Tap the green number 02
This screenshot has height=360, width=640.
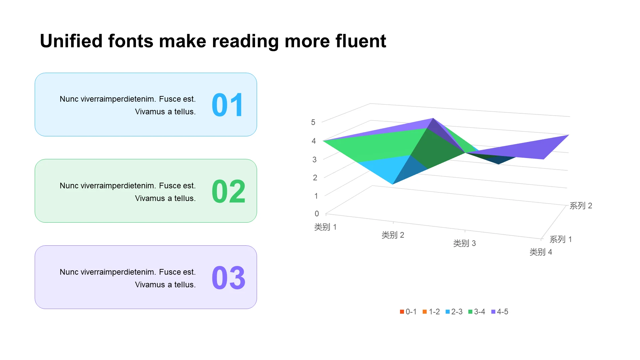(x=229, y=191)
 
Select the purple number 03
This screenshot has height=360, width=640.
(x=229, y=278)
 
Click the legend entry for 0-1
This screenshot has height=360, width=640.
(x=408, y=312)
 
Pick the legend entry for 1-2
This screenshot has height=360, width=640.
(x=431, y=312)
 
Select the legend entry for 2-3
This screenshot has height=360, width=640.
(x=454, y=312)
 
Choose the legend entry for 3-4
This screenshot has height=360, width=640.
(x=477, y=312)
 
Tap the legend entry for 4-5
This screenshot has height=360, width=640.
(x=500, y=312)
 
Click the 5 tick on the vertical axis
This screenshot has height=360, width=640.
(x=313, y=122)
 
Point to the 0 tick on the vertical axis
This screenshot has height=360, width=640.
(x=317, y=214)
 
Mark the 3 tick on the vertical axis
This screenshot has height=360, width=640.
(x=314, y=160)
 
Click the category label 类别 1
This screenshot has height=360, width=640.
(x=325, y=227)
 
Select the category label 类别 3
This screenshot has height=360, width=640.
(x=464, y=243)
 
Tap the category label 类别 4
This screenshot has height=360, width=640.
(x=541, y=252)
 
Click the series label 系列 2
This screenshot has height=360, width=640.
(x=581, y=206)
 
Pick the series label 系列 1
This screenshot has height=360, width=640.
(x=561, y=239)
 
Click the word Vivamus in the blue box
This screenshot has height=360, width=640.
(x=150, y=112)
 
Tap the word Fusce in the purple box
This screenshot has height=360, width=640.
(x=170, y=272)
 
